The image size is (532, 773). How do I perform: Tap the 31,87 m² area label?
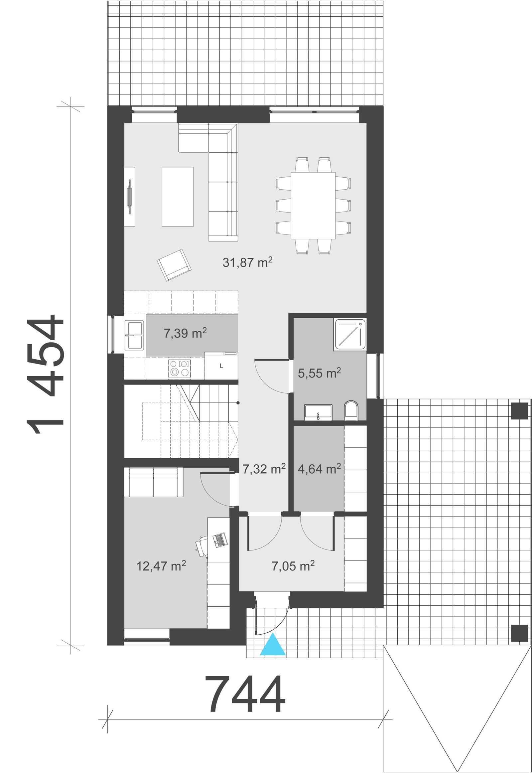click(x=247, y=263)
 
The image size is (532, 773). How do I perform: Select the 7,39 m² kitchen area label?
click(x=185, y=333)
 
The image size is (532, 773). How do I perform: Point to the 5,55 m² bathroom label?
click(x=319, y=373)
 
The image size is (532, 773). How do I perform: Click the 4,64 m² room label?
click(x=319, y=469)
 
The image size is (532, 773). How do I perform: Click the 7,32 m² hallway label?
click(x=264, y=469)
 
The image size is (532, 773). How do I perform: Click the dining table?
click(x=313, y=205)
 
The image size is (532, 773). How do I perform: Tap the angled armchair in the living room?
click(x=174, y=264)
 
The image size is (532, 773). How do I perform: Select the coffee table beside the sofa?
click(x=177, y=197)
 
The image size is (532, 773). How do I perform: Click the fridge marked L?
click(x=221, y=366)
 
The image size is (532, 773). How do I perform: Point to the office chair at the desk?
click(x=202, y=545)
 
